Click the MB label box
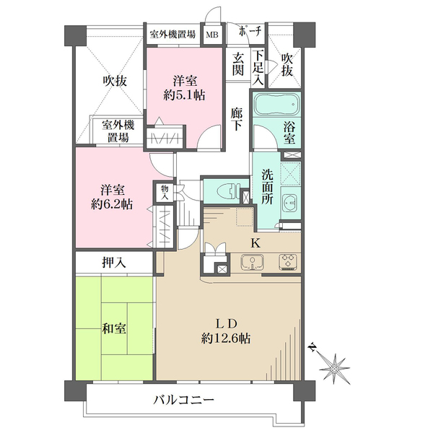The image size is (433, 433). pyautogui.click(x=213, y=34)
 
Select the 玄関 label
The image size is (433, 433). pyautogui.click(x=237, y=65)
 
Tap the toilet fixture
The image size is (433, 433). pyautogui.click(x=225, y=191)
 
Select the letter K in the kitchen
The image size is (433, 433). pyautogui.click(x=254, y=242)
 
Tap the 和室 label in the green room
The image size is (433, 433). pyautogui.click(x=113, y=330)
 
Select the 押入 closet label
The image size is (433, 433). pyautogui.click(x=114, y=263)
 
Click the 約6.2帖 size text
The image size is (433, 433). pyautogui.click(x=113, y=205)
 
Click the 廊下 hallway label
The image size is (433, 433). pyautogui.click(x=237, y=119)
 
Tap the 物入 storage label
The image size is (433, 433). pyautogui.click(x=164, y=192)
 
